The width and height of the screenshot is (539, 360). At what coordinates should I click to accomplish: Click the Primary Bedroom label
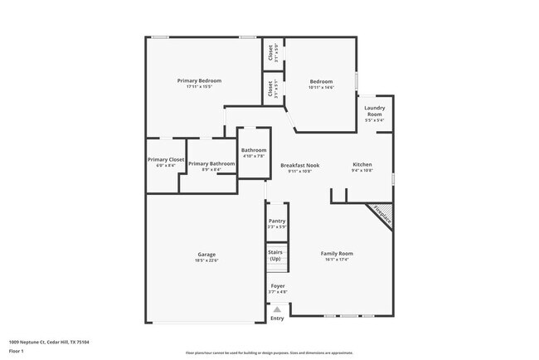(x=199, y=80)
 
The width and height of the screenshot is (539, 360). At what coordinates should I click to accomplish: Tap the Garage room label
(x=206, y=255)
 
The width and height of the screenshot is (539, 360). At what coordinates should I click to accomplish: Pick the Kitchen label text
(x=362, y=164)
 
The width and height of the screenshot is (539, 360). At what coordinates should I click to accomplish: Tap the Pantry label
(x=277, y=221)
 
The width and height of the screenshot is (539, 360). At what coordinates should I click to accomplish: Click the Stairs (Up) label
(x=276, y=255)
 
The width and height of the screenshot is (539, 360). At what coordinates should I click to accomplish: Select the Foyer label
(x=278, y=285)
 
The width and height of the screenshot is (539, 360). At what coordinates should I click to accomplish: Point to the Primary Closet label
(x=166, y=159)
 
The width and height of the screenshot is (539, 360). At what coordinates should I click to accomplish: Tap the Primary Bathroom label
(x=211, y=163)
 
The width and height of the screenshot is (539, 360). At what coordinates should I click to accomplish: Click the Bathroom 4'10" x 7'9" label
(x=254, y=153)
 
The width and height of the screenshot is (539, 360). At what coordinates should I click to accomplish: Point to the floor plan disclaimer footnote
(x=269, y=352)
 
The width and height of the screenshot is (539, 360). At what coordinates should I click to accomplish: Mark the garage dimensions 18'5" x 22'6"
(x=206, y=260)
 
